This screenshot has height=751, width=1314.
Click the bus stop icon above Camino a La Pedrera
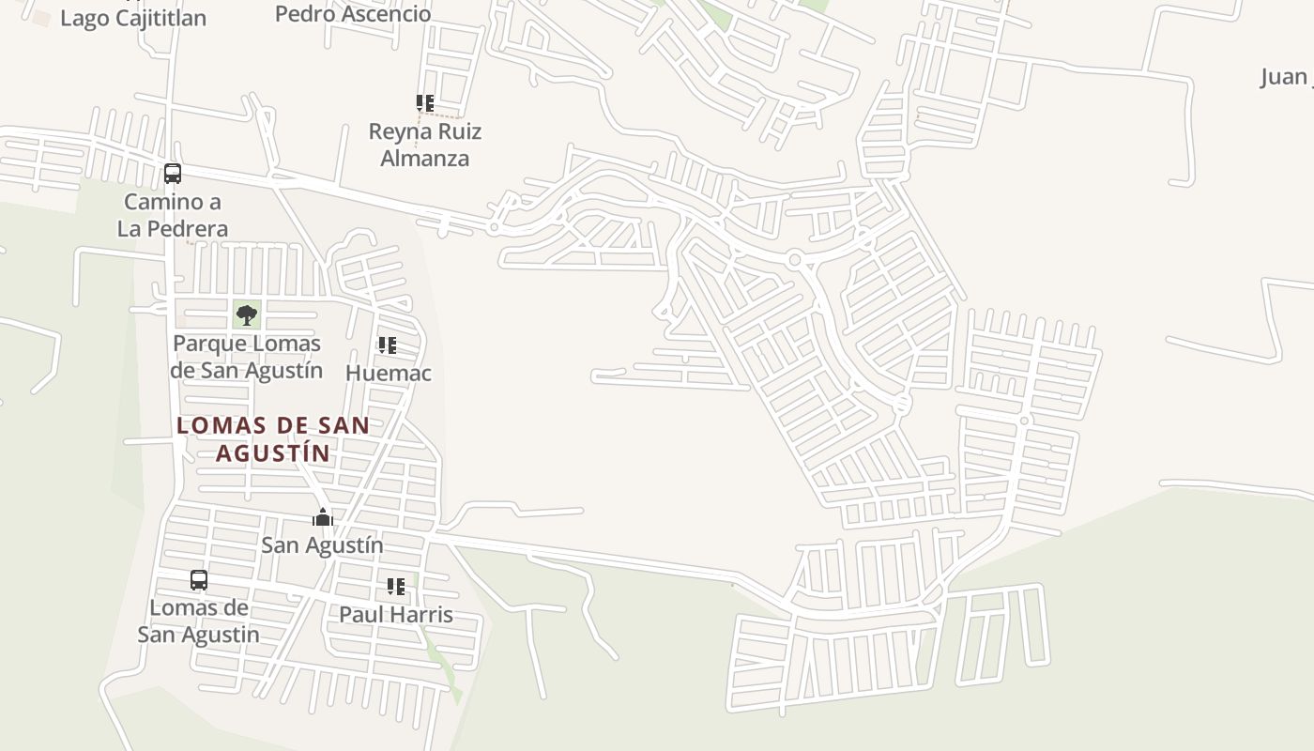tap(173, 174)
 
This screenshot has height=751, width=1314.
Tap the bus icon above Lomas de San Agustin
tap(199, 580)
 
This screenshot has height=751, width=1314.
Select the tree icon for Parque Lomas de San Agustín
tap(247, 314)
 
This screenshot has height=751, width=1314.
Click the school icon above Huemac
tap(388, 345)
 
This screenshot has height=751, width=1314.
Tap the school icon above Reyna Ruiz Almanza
tap(425, 102)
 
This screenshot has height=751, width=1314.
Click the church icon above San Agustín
tap(323, 517)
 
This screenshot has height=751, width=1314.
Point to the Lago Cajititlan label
tap(133, 18)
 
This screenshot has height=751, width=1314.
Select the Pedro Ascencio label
tap(353, 14)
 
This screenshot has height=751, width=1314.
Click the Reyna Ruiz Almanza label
tap(425, 145)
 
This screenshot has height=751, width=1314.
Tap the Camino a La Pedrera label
tap(173, 215)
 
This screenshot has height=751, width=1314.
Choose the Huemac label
tap(389, 373)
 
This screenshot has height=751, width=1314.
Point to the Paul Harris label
tap(396, 615)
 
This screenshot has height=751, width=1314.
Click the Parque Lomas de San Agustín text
tap(247, 357)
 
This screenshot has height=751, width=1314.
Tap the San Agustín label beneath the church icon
tap(322, 545)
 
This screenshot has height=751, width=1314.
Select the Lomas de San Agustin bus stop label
tap(199, 621)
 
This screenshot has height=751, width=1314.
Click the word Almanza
tap(425, 158)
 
